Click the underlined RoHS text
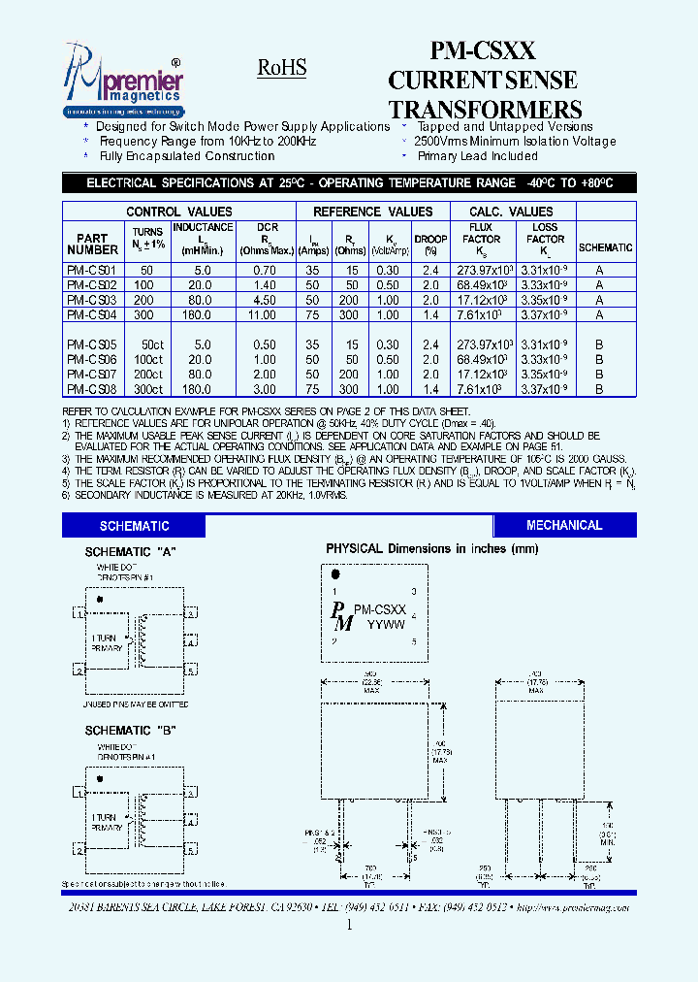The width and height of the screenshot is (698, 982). click(x=282, y=68)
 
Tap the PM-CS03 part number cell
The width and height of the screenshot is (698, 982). click(x=92, y=300)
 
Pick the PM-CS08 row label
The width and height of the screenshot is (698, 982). click(x=92, y=388)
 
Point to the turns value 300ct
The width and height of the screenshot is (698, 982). click(x=148, y=388)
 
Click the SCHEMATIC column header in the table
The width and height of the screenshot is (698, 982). click(x=604, y=247)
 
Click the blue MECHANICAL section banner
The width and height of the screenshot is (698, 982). click(x=563, y=525)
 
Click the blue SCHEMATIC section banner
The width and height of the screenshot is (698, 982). click(x=134, y=526)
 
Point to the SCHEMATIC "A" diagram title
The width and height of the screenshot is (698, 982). click(x=130, y=551)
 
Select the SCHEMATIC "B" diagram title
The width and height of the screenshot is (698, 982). click(x=130, y=730)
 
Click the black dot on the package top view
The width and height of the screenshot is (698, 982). click(x=335, y=574)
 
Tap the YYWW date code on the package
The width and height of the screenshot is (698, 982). click(x=385, y=624)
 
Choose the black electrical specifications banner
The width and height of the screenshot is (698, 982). click(x=349, y=183)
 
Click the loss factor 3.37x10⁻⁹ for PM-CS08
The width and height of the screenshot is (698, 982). click(x=545, y=388)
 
